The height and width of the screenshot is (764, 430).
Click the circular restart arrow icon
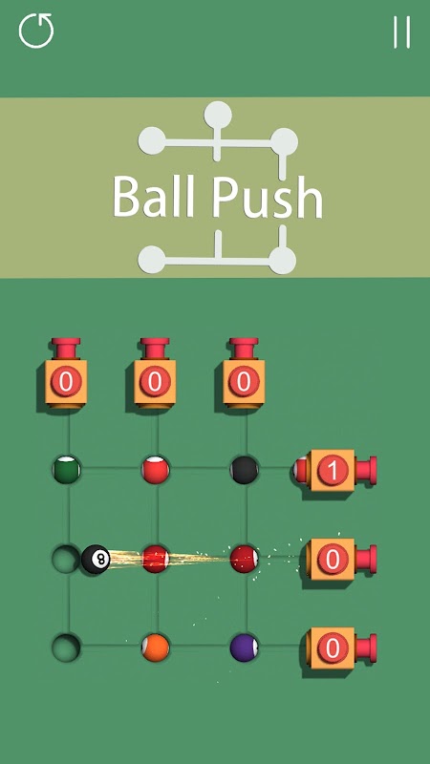[36, 31]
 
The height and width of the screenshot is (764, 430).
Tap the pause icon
[402, 32]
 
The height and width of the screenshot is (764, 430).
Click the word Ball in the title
[155, 197]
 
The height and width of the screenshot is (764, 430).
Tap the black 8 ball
[96, 559]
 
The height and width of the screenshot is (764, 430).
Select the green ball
[67, 470]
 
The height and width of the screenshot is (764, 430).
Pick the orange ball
[156, 647]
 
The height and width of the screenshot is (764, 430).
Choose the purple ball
[245, 647]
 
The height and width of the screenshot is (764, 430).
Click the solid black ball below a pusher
[245, 470]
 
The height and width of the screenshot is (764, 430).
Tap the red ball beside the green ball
[156, 470]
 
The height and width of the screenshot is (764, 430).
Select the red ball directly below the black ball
[245, 559]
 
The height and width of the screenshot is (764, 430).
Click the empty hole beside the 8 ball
[66, 559]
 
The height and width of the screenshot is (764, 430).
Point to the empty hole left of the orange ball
[66, 647]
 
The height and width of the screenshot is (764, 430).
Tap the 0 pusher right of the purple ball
[341, 648]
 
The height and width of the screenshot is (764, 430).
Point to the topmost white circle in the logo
[218, 115]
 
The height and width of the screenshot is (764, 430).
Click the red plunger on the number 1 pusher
[366, 470]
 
